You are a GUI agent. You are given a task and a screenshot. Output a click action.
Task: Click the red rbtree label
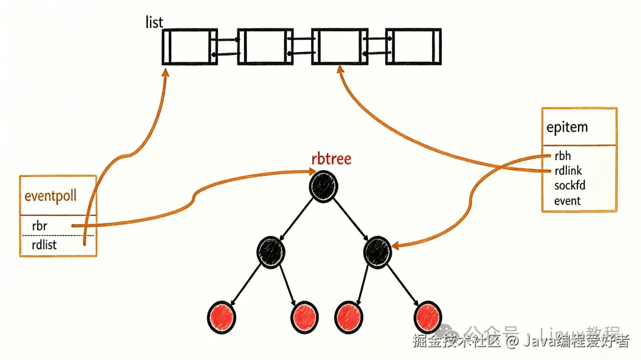pyautogui.click(x=331, y=159)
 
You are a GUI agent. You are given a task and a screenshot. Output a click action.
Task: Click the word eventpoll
pyautogui.click(x=50, y=196)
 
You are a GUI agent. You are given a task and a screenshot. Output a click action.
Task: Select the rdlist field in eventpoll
pyautogui.click(x=46, y=244)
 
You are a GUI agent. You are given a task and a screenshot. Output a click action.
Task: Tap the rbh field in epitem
pyautogui.click(x=563, y=157)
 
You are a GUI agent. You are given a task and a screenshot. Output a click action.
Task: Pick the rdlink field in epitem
pyautogui.click(x=568, y=171)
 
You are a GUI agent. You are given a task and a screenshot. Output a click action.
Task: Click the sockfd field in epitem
pyautogui.click(x=570, y=186)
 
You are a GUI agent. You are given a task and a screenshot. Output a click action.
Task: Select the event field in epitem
pyautogui.click(x=567, y=200)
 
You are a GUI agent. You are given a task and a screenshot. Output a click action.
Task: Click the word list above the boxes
pyautogui.click(x=154, y=23)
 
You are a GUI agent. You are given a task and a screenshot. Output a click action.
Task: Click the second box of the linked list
pyautogui.click(x=261, y=46)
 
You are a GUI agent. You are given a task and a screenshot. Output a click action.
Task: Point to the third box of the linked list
pyautogui.click(x=337, y=46)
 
